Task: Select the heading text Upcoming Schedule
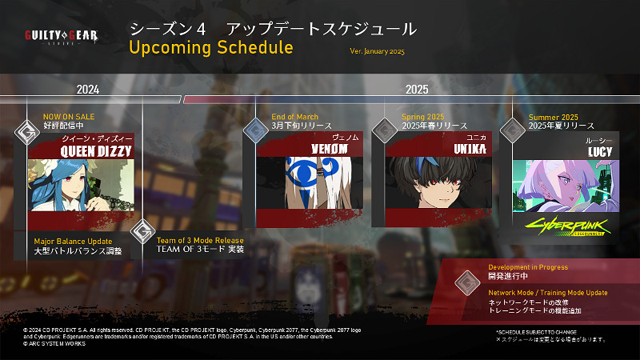click(210, 47)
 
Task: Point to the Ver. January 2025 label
click(378, 51)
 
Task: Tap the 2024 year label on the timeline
click(88, 89)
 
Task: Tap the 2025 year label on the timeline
click(417, 89)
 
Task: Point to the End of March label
click(294, 117)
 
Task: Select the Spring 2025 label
click(423, 117)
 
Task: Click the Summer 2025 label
click(553, 117)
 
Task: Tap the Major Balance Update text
click(73, 241)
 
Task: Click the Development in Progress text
click(528, 267)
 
